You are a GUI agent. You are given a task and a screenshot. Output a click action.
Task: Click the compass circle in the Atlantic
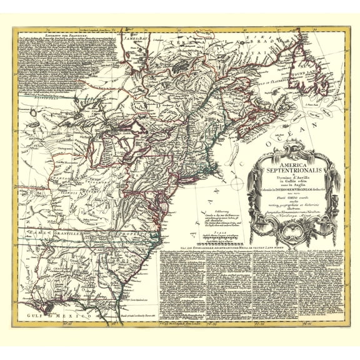coord(237,184)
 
